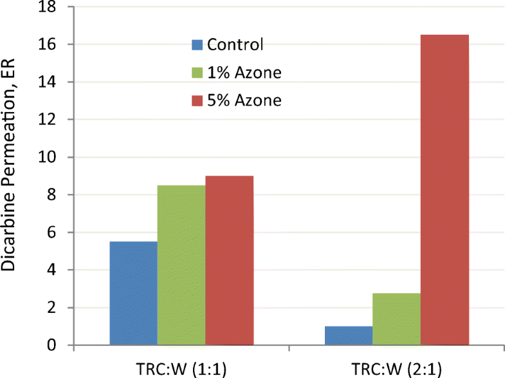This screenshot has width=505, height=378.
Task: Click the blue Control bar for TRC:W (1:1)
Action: (133, 294)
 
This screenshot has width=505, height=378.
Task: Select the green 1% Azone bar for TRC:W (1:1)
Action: (181, 265)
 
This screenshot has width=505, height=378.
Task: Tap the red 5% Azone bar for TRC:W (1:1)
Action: (230, 261)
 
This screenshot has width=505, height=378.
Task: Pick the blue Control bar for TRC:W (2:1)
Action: (349, 336)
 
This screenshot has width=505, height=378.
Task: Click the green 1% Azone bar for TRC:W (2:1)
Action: (397, 319)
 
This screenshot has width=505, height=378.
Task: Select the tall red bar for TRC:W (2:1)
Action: (445, 190)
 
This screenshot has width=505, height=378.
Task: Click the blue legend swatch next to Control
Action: (197, 45)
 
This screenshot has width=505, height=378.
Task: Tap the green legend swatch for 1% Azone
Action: (197, 73)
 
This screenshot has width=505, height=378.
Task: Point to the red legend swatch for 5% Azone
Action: (197, 100)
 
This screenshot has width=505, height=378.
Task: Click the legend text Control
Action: (236, 45)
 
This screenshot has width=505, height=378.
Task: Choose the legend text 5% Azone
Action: (245, 100)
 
